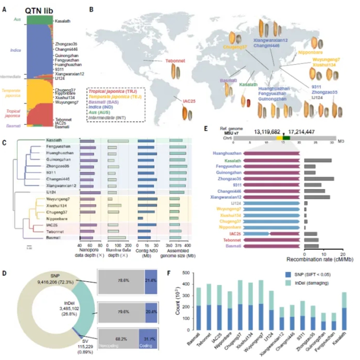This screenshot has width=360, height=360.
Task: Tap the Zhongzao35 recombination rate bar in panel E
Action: click(x=319, y=179)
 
